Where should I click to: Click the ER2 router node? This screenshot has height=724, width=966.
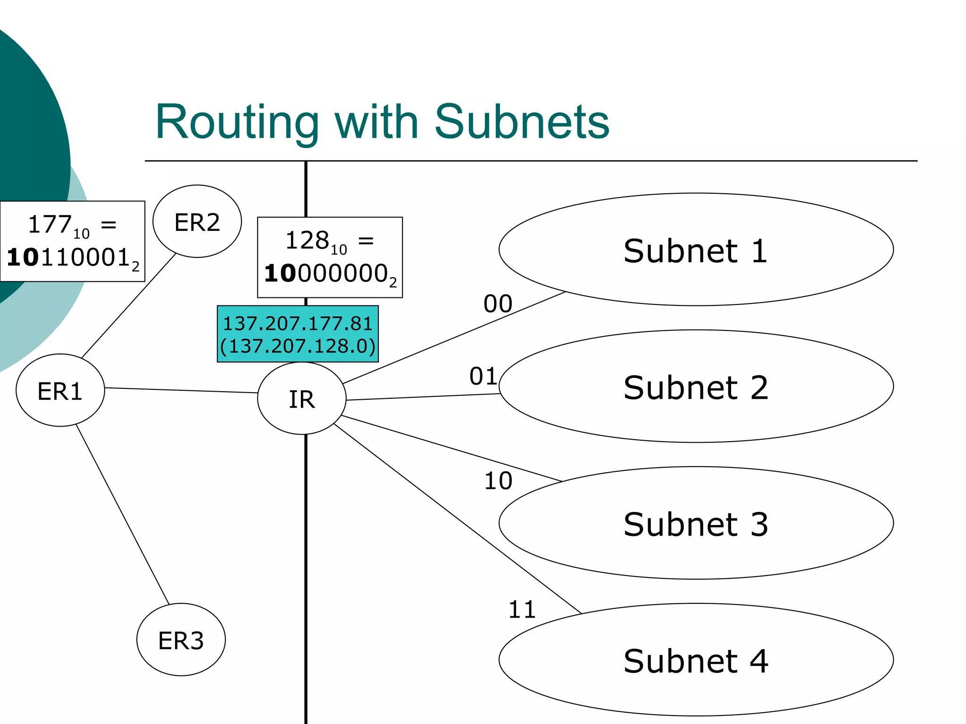[197, 222]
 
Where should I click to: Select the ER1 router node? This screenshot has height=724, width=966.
[60, 391]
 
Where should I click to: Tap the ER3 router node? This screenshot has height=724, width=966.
[181, 640]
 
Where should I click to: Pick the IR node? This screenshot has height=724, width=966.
[301, 399]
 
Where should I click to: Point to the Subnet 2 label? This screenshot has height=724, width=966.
[695, 387]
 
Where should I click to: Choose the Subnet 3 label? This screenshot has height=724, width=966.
[695, 524]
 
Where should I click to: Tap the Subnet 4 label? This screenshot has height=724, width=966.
[695, 661]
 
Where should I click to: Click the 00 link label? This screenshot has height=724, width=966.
[498, 304]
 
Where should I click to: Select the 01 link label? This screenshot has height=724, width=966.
[483, 376]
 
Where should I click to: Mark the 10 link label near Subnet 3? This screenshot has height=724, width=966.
[498, 481]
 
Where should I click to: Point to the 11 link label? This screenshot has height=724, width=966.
[522, 609]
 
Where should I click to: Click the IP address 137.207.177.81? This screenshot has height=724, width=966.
[298, 324]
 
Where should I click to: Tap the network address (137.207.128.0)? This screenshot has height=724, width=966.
[298, 346]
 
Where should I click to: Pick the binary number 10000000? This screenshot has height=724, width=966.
[326, 274]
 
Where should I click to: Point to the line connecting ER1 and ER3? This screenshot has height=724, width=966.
[123, 514]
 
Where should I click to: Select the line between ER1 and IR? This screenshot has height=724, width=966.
[181, 390]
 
